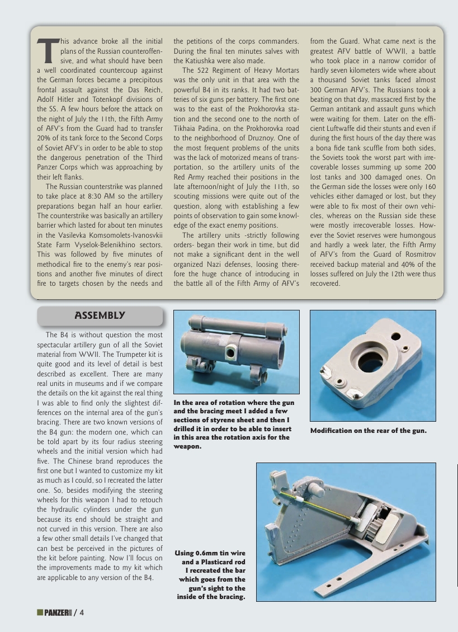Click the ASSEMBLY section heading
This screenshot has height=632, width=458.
[100, 315]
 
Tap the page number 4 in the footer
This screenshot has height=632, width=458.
[82, 612]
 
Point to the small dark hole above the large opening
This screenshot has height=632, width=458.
[396, 336]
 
